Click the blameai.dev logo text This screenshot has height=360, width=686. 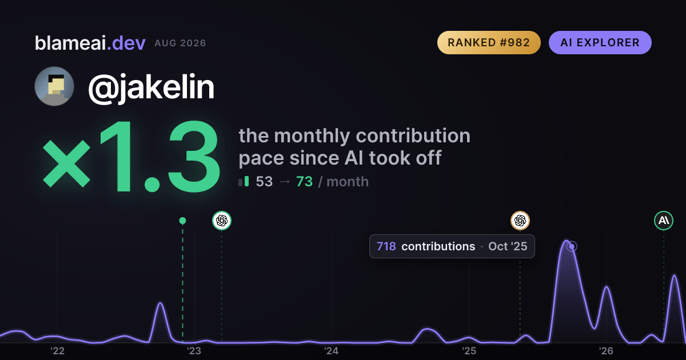[90, 43]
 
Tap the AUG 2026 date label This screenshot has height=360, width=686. [180, 43]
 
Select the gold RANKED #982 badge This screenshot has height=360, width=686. [489, 42]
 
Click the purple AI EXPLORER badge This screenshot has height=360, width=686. [600, 42]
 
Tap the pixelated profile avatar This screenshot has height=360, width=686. [54, 86]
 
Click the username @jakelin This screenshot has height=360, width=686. [151, 87]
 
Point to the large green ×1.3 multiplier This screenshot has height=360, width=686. [131, 157]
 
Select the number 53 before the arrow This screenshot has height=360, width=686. [264, 182]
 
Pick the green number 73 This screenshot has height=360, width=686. [304, 182]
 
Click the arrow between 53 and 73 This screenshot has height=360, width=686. [285, 182]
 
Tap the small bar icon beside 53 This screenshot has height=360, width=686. [244, 181]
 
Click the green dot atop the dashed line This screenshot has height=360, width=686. [182, 221]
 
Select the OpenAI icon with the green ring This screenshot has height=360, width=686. [222, 221]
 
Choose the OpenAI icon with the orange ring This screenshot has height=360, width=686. [520, 221]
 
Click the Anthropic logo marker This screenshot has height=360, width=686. [664, 221]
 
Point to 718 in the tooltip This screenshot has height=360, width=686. [386, 246]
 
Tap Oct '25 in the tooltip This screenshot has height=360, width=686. [508, 246]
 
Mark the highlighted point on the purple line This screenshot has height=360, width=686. [572, 246]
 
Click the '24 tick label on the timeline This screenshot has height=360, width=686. [332, 351]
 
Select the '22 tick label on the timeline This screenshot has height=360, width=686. [57, 351]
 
